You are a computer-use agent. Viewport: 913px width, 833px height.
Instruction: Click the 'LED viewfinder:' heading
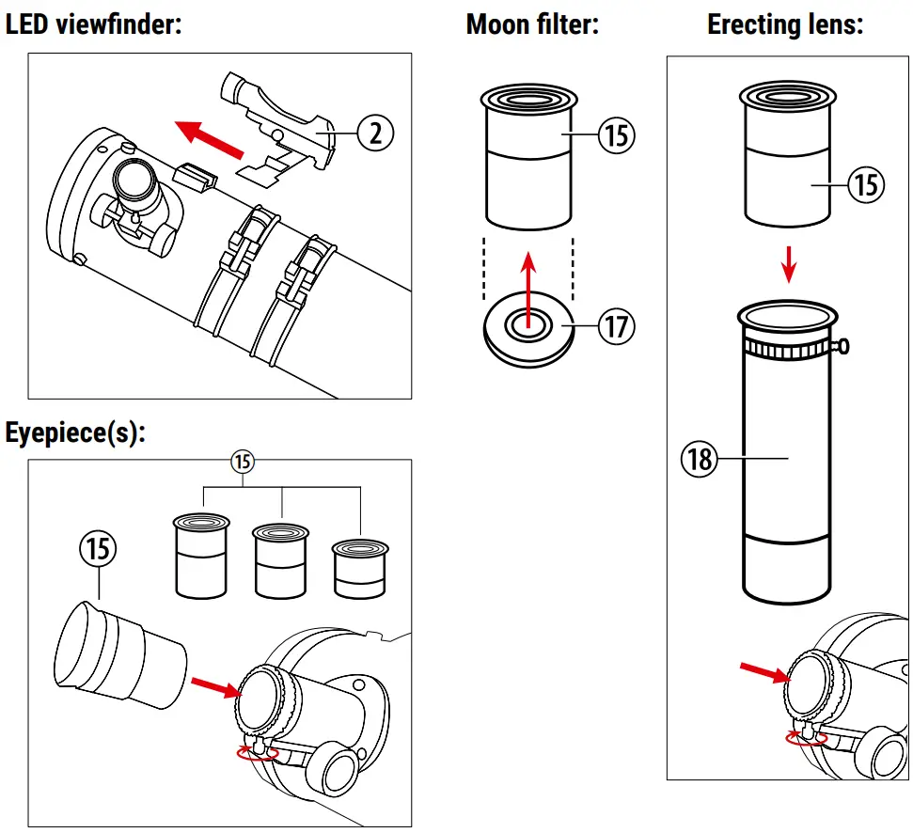click(x=93, y=24)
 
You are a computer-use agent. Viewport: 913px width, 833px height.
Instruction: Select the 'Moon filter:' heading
click(x=532, y=24)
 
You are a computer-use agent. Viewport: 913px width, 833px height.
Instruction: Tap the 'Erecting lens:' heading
click(x=785, y=24)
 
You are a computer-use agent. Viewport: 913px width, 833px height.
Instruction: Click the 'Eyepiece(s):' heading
click(x=76, y=433)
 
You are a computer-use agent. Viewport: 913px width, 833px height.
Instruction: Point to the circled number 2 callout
click(x=375, y=134)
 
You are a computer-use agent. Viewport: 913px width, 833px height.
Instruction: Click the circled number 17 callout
click(x=617, y=327)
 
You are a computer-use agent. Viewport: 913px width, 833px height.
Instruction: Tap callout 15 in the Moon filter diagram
click(x=617, y=135)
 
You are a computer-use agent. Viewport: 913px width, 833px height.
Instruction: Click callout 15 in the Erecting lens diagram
click(x=866, y=184)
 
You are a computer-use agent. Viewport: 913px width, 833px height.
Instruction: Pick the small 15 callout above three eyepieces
click(x=243, y=462)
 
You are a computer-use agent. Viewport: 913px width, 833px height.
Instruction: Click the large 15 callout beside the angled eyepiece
click(x=99, y=548)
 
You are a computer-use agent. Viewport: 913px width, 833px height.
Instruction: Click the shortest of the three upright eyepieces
click(x=362, y=568)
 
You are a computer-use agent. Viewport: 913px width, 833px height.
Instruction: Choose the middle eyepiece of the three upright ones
click(x=282, y=561)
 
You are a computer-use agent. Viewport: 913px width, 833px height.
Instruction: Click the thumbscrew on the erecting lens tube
click(x=843, y=348)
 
